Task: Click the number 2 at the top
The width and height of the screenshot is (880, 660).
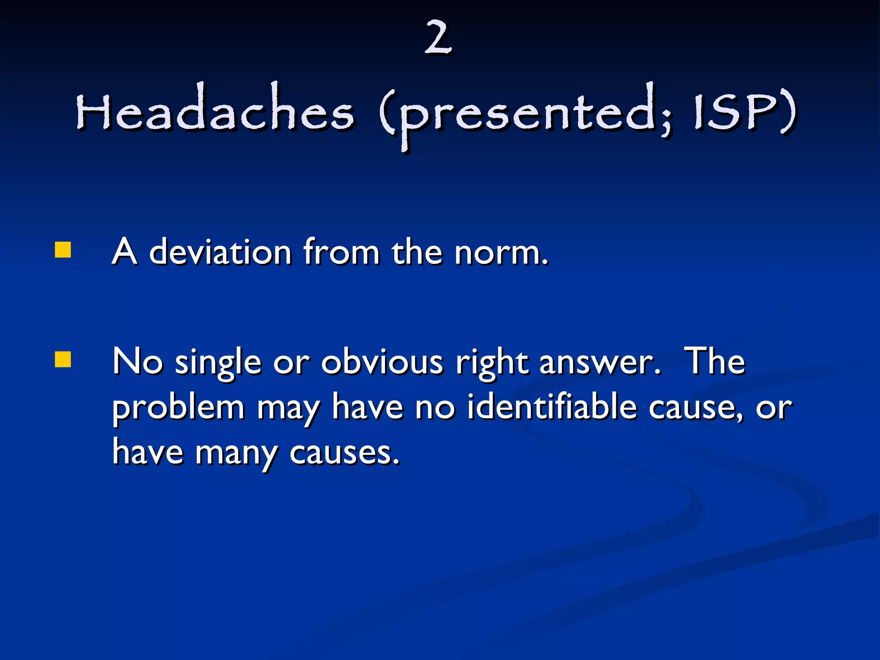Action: pyautogui.click(x=438, y=39)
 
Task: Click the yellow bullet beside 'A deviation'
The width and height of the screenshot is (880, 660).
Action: pyautogui.click(x=63, y=250)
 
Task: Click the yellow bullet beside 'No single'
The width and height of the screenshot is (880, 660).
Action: pyautogui.click(x=63, y=360)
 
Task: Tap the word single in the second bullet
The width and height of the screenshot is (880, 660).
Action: pyautogui.click(x=218, y=364)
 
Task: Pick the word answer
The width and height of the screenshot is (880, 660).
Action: pyautogui.click(x=599, y=364)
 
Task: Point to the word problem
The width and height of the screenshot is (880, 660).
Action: pyautogui.click(x=178, y=408)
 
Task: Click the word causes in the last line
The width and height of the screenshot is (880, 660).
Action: pyautogui.click(x=344, y=453)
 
